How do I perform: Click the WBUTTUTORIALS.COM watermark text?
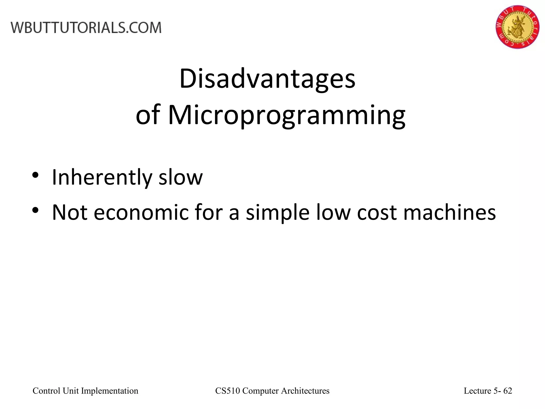pyautogui.click(x=86, y=28)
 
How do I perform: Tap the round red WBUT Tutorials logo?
pyautogui.click(x=517, y=27)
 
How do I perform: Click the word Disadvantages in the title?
pyautogui.click(x=267, y=79)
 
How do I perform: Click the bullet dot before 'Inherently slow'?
pyautogui.click(x=36, y=175)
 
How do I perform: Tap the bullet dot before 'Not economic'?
pyautogui.click(x=36, y=210)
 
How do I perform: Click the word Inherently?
pyautogui.click(x=102, y=178)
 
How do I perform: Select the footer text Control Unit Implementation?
pyautogui.click(x=85, y=391)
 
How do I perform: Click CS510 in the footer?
pyautogui.click(x=228, y=391)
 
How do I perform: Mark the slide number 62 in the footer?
pyautogui.click(x=508, y=391)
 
